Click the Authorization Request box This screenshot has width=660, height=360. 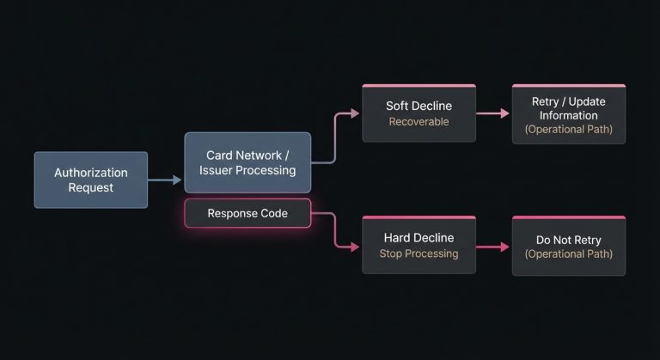point(90,180)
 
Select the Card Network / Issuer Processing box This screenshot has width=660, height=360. point(247,162)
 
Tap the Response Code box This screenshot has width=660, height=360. point(247,213)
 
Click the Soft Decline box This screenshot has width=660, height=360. point(419,113)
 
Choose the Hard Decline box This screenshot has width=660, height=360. point(419,245)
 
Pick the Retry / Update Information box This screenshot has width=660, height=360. point(568,113)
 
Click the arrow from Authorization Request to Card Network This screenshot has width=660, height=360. point(165,180)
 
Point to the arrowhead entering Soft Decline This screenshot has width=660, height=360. point(353,113)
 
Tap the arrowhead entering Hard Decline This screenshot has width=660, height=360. point(353,247)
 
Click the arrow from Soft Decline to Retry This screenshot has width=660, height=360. point(492,113)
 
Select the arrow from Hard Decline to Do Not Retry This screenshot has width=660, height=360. point(492,247)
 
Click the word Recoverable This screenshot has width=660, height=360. point(419,122)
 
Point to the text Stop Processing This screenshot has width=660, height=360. point(419,254)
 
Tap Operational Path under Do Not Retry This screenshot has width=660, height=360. point(568,254)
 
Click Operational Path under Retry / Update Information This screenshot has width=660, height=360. point(568,130)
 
